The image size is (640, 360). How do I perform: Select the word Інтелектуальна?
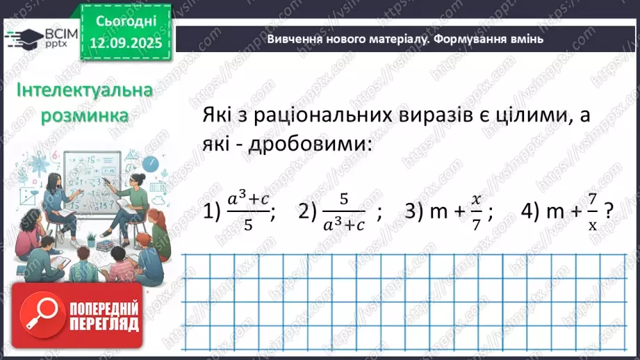tap(74, 91)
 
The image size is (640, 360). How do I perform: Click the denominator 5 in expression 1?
tap(247, 225)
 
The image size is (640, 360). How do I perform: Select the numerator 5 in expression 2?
tap(343, 199)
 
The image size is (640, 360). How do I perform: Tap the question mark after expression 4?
tap(609, 211)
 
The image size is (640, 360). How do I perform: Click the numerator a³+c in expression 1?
tap(248, 199)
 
